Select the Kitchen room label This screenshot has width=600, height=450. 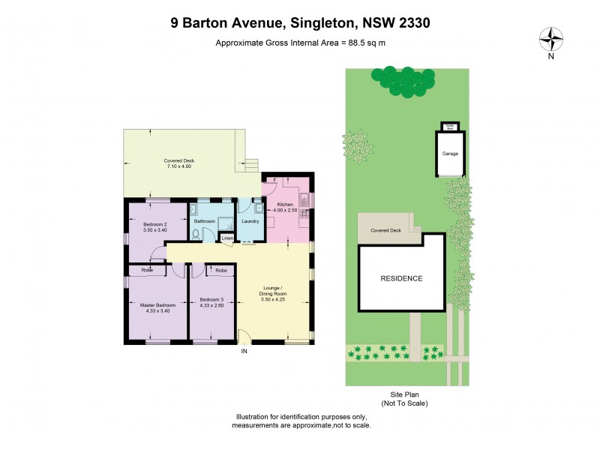coord(285,205)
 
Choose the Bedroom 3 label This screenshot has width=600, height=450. coord(211,299)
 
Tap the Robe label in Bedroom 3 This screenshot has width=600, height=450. coord(221,270)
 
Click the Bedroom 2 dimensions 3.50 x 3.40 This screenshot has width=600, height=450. coord(154,230)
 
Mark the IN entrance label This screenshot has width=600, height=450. coord(244,350)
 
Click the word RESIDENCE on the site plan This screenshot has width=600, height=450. coord(401,278)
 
